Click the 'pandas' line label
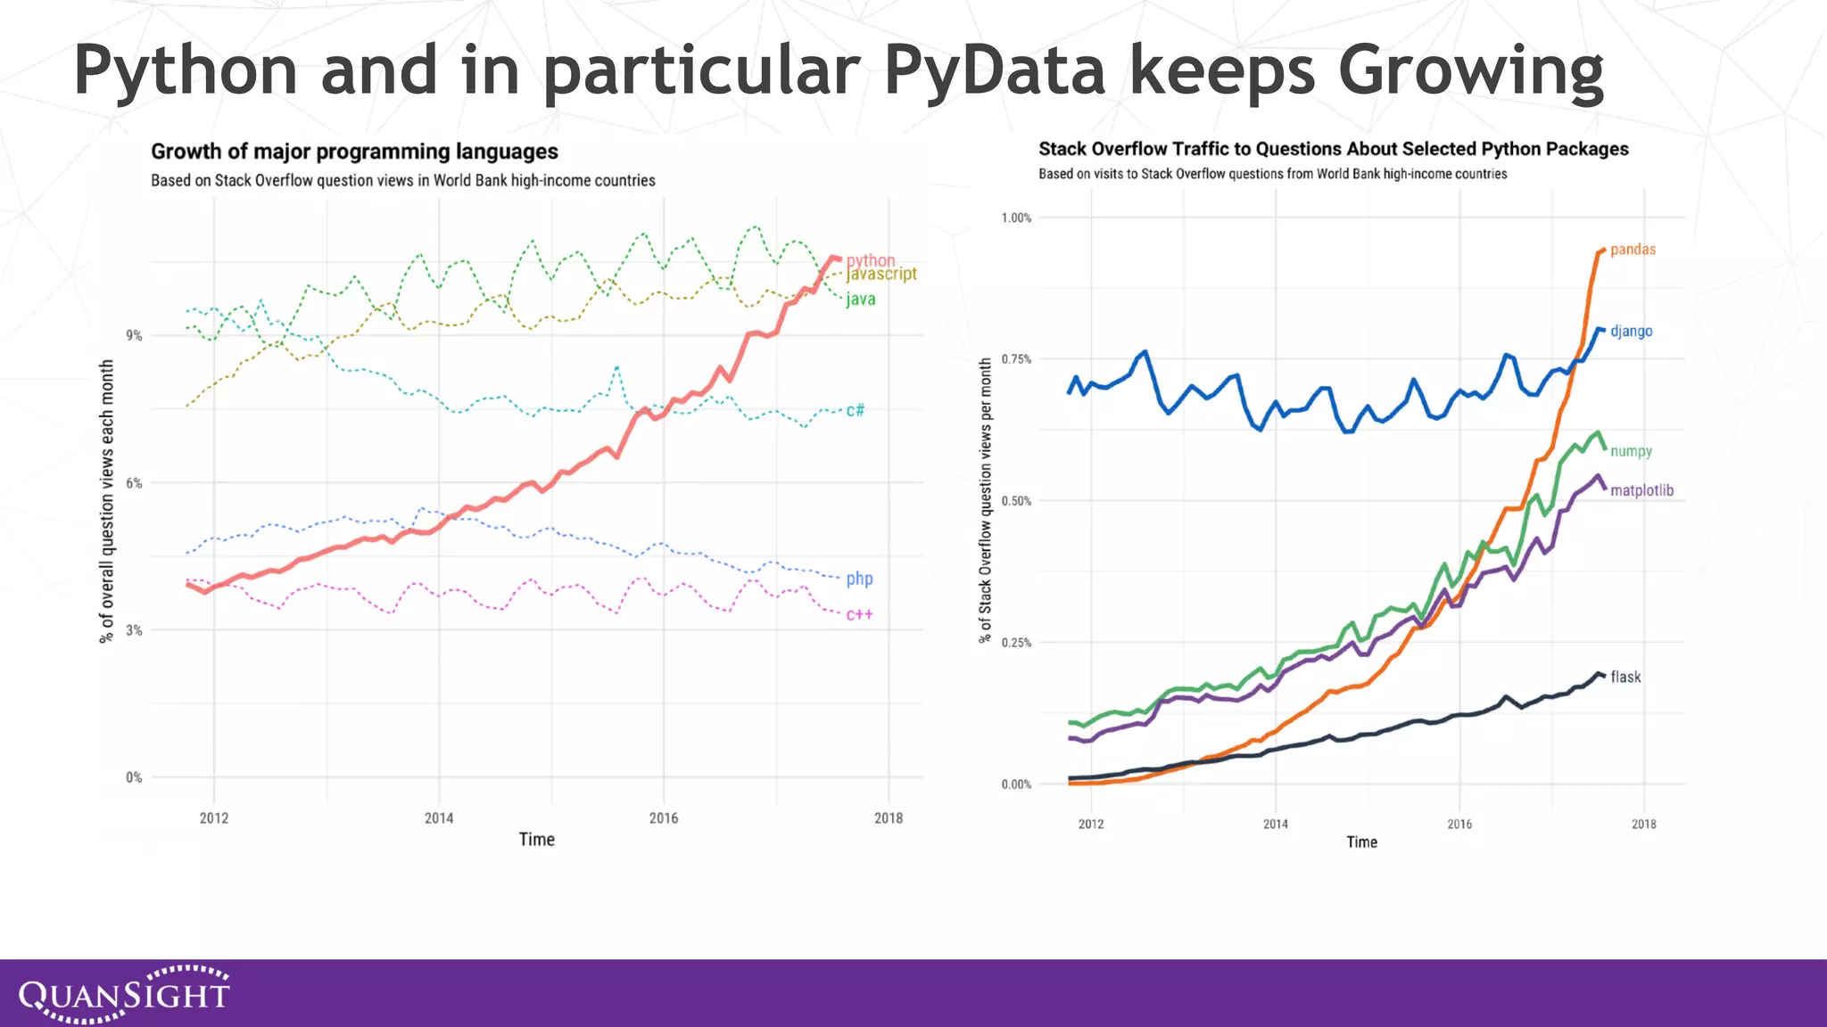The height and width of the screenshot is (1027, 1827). [x=1633, y=250]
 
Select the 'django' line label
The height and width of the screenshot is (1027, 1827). [x=1631, y=332]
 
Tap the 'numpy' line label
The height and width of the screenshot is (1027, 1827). [x=1631, y=451]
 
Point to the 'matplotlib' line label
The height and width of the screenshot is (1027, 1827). [x=1641, y=490]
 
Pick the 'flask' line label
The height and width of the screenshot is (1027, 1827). [x=1625, y=677]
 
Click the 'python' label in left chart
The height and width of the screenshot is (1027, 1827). [x=871, y=259]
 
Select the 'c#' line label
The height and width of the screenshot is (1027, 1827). [x=855, y=410]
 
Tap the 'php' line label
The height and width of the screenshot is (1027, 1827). [x=859, y=579]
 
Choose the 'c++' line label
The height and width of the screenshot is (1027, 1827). [x=859, y=614]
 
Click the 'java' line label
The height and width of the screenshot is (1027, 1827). [x=861, y=300]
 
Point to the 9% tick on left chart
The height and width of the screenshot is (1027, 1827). [x=134, y=335]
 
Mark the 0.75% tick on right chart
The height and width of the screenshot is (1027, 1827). [x=1016, y=359]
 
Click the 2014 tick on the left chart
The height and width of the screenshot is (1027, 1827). [x=438, y=818]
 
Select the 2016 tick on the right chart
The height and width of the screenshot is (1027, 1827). [x=1459, y=824]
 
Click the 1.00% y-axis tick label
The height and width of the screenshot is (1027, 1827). [x=1016, y=218]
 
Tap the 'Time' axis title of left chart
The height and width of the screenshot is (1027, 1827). [x=536, y=840]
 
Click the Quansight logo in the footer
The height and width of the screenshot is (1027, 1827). [x=125, y=993]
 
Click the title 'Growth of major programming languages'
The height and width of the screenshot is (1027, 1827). [x=354, y=152]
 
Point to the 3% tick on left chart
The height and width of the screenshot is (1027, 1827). [x=134, y=630]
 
